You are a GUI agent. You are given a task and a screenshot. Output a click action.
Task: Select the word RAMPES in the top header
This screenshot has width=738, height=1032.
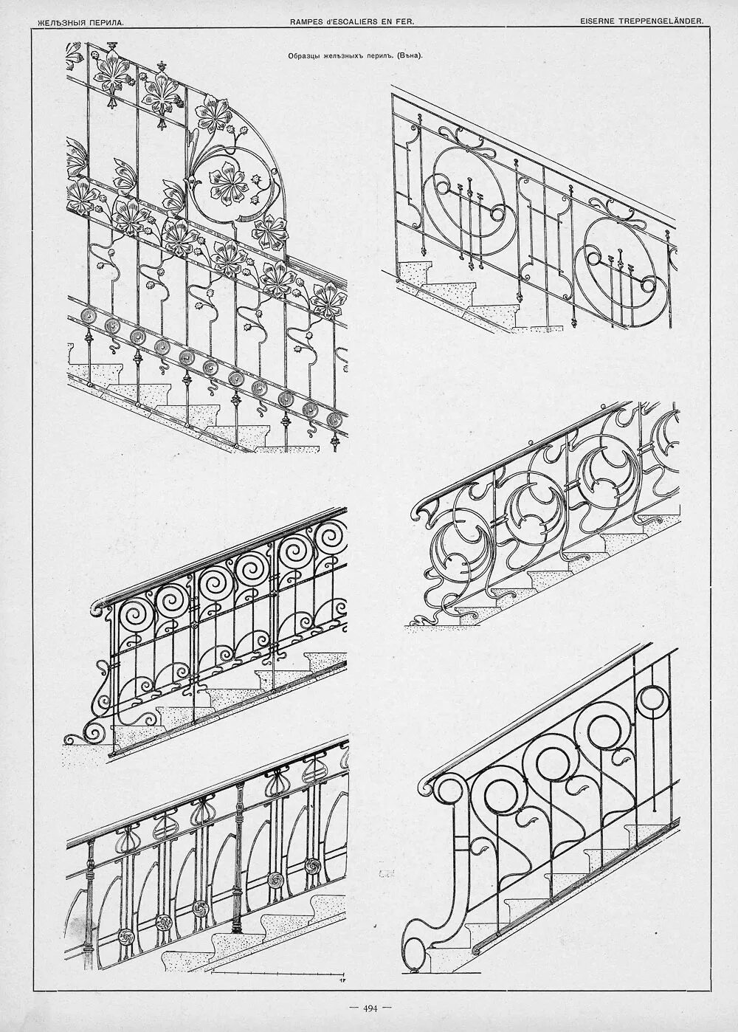pyautogui.click(x=309, y=22)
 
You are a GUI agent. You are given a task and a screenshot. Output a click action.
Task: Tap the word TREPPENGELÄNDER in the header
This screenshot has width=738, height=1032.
pyautogui.click(x=663, y=22)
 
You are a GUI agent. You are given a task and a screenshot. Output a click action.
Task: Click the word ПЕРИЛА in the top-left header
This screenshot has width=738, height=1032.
pyautogui.click(x=104, y=23)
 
